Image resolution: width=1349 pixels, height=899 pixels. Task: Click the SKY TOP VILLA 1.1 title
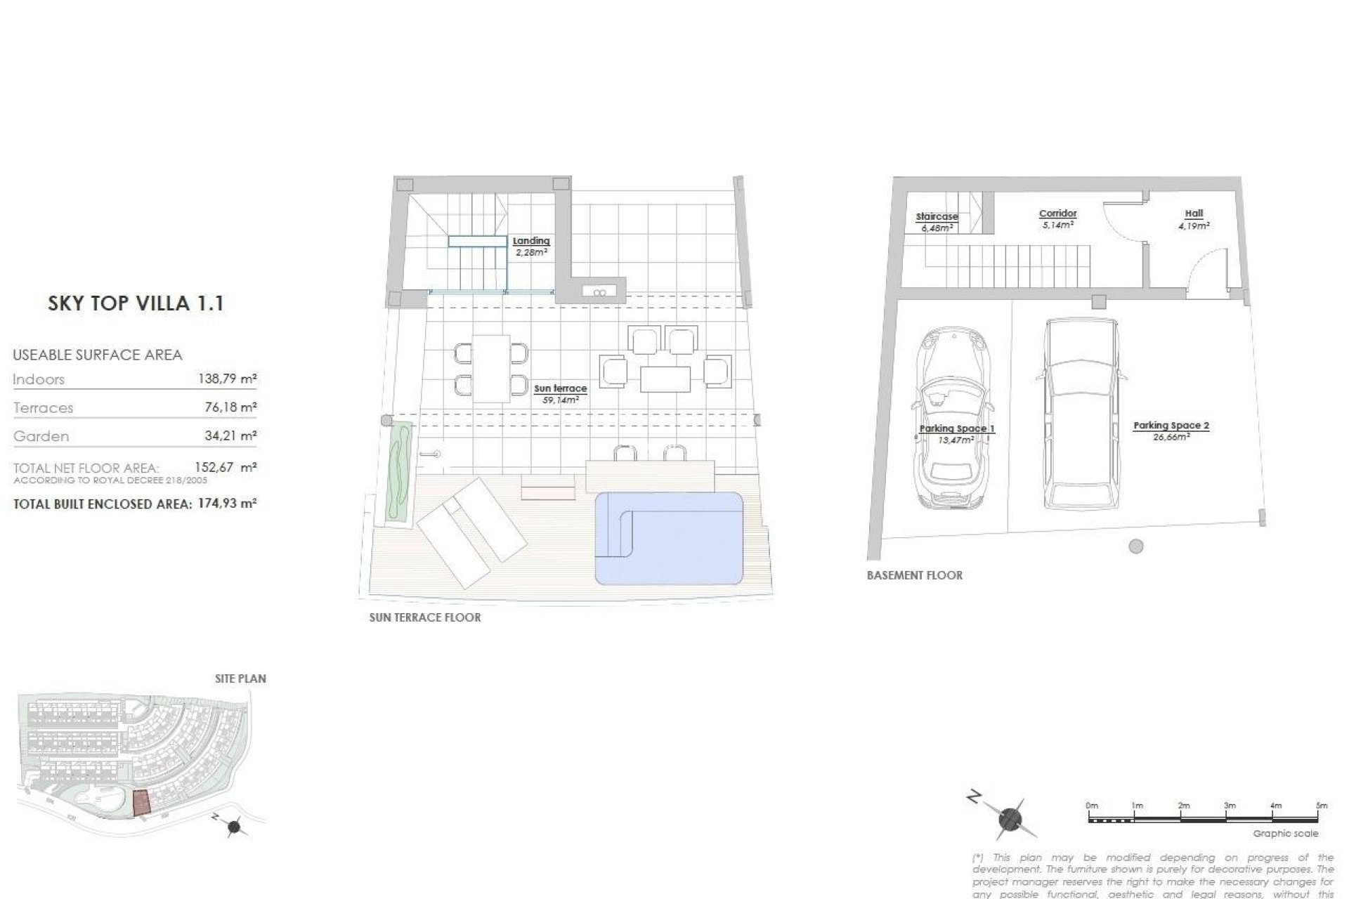(x=136, y=303)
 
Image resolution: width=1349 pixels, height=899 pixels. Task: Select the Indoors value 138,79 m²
(x=227, y=379)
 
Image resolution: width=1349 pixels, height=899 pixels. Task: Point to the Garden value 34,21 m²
(x=229, y=436)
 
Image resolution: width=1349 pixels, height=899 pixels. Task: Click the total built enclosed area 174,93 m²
(x=225, y=504)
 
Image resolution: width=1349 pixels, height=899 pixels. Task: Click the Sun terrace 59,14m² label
(x=560, y=393)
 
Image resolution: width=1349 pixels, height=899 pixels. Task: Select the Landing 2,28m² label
(x=530, y=247)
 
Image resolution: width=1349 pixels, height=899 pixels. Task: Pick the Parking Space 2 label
(x=1171, y=431)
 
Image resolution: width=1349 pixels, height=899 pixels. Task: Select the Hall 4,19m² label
(x=1194, y=219)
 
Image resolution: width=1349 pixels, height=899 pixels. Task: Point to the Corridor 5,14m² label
(x=1057, y=219)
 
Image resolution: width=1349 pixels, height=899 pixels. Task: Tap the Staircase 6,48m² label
(x=937, y=222)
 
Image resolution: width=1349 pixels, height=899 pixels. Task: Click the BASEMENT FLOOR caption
(x=914, y=575)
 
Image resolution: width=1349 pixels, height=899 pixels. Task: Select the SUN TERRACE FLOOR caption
(x=425, y=618)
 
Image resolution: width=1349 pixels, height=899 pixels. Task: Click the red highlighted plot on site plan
(x=142, y=803)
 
